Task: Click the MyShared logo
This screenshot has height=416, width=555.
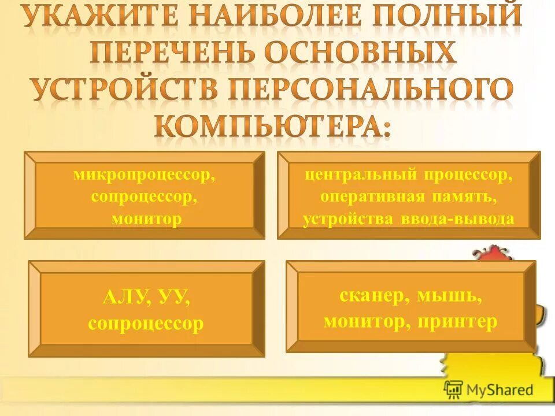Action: pyautogui.click(x=489, y=389)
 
